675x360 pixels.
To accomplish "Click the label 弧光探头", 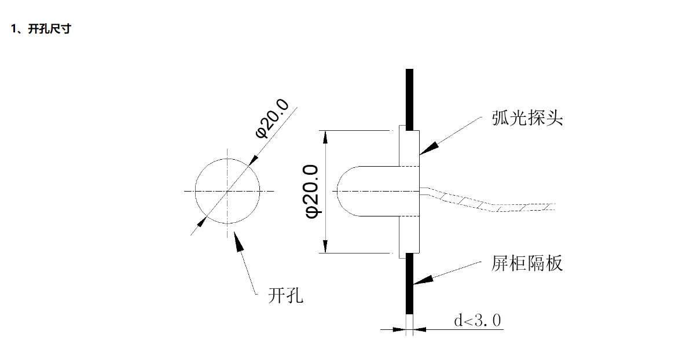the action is (527, 117).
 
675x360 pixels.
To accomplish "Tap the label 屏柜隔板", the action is (527, 263).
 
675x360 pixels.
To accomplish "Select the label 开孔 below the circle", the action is (285, 295).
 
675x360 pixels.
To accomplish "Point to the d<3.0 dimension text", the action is (478, 321).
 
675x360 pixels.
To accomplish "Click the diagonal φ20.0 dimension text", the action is (272, 119).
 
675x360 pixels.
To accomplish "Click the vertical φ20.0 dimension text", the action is (311, 191).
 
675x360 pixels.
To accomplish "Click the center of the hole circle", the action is (228, 191).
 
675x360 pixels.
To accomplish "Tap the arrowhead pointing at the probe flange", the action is (429, 149).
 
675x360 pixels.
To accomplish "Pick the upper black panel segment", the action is (409, 100).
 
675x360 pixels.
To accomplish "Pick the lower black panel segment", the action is (409, 284).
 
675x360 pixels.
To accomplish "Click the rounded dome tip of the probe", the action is (337, 191).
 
